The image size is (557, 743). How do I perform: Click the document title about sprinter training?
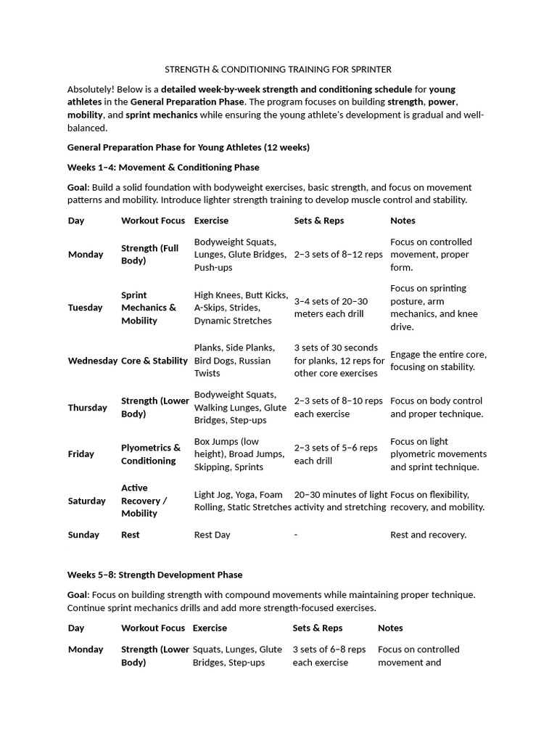click(x=278, y=70)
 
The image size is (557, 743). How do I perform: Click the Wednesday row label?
click(x=92, y=361)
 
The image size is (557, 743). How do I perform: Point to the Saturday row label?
click(x=86, y=501)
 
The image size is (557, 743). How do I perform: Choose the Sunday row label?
click(x=83, y=535)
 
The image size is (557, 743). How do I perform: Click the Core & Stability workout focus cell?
click(x=154, y=361)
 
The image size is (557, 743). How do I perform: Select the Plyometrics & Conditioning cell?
click(x=151, y=454)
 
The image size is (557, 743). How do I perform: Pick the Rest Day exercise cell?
click(x=212, y=535)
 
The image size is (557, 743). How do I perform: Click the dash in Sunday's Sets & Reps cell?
click(x=296, y=535)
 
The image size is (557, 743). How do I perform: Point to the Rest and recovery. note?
click(x=428, y=535)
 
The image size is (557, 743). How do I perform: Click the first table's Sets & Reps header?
click(x=318, y=221)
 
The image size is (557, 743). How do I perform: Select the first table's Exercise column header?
click(x=211, y=221)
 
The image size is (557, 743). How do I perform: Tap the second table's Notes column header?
click(x=390, y=628)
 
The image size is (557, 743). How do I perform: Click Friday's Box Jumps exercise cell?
click(x=239, y=454)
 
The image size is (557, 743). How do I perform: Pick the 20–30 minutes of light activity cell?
click(x=340, y=501)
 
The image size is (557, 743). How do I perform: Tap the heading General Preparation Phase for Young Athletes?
click(x=188, y=147)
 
